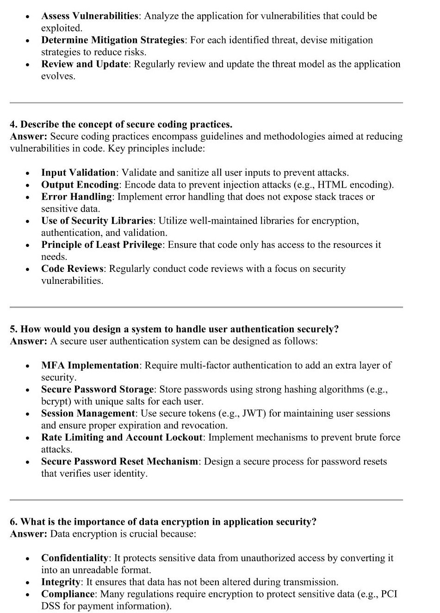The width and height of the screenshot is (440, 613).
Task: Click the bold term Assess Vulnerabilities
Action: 89,16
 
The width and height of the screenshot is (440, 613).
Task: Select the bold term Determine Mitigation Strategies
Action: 112,40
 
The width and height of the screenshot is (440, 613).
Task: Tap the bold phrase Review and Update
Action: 84,64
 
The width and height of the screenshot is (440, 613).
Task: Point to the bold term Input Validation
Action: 78,173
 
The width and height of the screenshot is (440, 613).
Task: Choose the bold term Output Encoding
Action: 80,185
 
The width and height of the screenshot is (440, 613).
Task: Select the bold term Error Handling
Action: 76,197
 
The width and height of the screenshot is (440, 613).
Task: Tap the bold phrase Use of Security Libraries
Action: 97,221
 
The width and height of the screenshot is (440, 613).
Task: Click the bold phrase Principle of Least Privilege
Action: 102,245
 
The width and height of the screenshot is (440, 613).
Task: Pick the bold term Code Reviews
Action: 72,269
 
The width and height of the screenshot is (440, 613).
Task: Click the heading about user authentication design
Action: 174,329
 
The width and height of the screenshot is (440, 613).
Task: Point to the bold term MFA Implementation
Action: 90,366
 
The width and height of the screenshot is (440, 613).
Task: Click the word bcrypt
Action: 56,402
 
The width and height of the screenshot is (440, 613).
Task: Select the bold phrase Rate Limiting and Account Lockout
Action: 122,438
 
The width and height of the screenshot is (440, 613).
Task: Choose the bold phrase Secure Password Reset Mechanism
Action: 119,462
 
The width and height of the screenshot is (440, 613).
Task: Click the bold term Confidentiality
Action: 74,558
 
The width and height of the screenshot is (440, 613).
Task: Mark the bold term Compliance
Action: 68,595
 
